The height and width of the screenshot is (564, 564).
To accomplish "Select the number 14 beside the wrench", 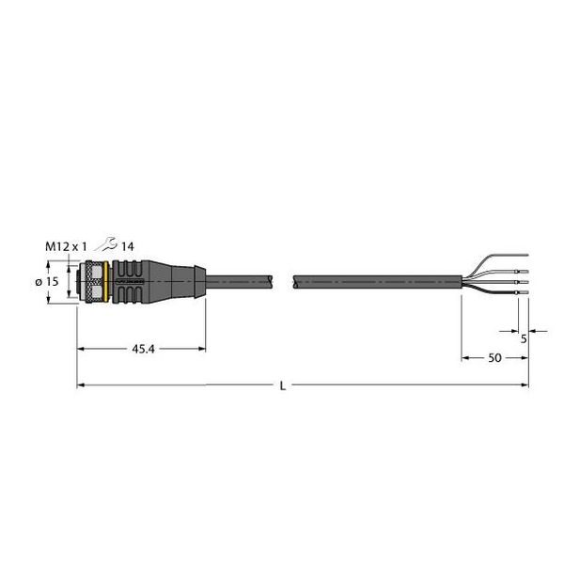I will pyautogui.click(x=128, y=246).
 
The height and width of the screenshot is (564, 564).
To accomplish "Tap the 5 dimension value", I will pyautogui.click(x=523, y=340).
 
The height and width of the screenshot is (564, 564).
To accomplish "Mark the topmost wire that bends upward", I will pyautogui.click(x=498, y=258).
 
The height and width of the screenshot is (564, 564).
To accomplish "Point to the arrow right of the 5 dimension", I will pyautogui.click(x=533, y=330).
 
